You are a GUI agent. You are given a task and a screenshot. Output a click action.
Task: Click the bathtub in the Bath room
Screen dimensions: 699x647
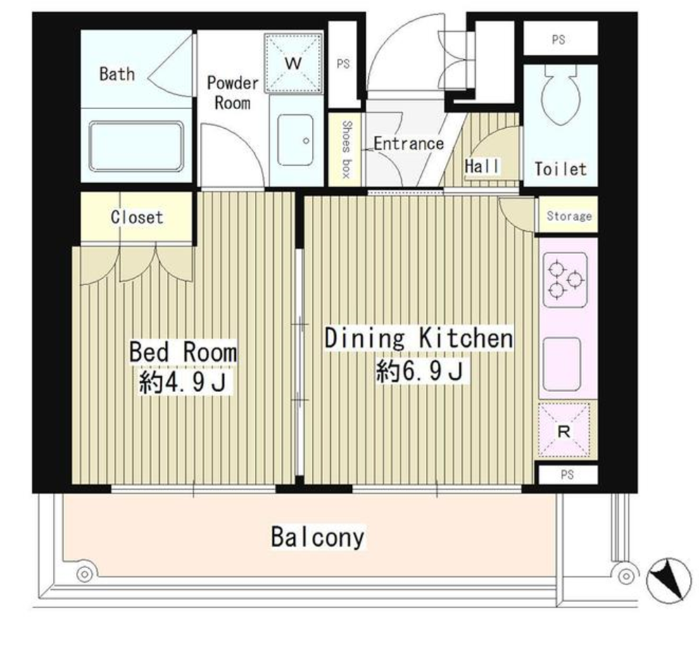pos(136,146)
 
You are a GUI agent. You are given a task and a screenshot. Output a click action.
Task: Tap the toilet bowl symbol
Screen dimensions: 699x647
pos(560,95)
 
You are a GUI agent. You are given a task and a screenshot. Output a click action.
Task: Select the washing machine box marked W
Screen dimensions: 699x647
pos(294,63)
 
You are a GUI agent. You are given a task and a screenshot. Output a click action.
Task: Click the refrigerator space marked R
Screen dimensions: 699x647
pos(564,431)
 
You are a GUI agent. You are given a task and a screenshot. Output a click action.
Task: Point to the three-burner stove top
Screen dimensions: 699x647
pos(565,279)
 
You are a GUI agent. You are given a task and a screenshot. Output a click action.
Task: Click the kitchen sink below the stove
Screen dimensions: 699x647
pos(562,364)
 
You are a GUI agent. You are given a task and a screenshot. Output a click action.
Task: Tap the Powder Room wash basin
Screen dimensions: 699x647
pos(295,140)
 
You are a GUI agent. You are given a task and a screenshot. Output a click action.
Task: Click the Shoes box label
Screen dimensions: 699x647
pos(346,149)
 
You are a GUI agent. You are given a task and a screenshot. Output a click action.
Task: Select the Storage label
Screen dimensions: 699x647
pos(569,216)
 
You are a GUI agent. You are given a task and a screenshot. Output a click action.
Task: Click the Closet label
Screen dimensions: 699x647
pos(137,217)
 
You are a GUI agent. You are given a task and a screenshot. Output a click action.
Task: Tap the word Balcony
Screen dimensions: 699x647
pos(318,537)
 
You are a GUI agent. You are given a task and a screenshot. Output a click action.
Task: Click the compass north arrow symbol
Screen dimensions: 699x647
pos(666,579)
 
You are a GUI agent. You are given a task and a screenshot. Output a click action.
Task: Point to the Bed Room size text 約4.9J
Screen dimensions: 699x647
pos(182,382)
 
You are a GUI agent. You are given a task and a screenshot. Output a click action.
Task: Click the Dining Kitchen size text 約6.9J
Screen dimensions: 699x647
pos(420,371)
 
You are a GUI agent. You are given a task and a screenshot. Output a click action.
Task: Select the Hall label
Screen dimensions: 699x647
pos(482,166)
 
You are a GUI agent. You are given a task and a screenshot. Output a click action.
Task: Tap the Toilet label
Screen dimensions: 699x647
pos(560,169)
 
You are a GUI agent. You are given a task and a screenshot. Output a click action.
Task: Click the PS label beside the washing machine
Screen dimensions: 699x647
pos(344,64)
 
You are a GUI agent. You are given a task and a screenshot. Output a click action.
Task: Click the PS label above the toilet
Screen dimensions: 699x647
pos(559,39)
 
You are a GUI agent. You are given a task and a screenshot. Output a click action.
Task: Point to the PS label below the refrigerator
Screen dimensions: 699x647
pos(567,475)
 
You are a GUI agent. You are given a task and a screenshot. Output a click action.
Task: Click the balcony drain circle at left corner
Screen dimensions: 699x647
pos(84,574)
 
